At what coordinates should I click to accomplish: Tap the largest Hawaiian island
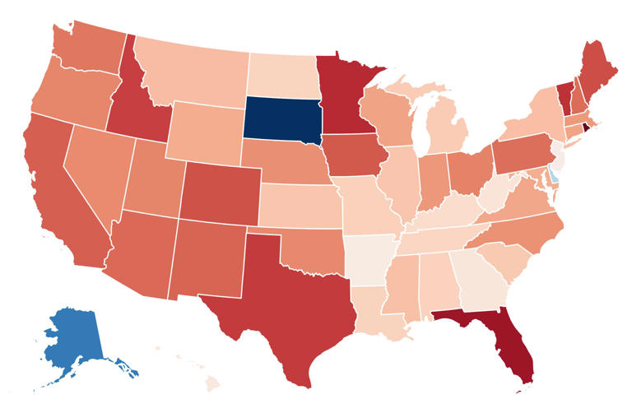click(x=211, y=383)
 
